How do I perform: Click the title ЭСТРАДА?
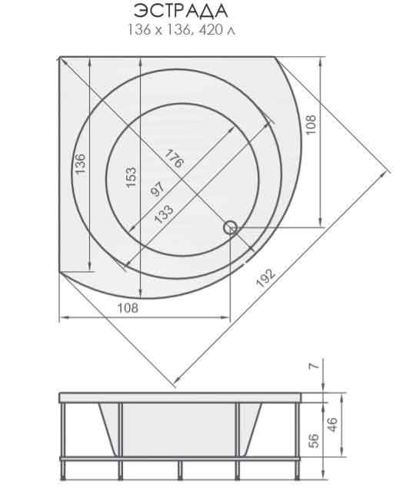tap(180, 11)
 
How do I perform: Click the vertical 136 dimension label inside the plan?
tap(80, 164)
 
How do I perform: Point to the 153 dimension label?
tap(131, 177)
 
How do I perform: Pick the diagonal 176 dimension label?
tap(174, 158)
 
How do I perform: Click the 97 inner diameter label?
tap(158, 189)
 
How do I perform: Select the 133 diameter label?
tap(164, 214)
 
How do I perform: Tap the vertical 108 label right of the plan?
tap(311, 124)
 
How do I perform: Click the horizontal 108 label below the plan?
tap(128, 308)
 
